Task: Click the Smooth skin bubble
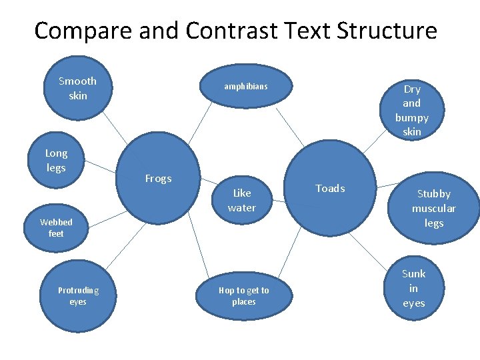click(78, 88)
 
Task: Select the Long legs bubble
click(57, 161)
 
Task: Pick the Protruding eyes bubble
click(78, 295)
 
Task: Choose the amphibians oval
click(245, 87)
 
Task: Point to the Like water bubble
click(241, 200)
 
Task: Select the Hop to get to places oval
click(243, 296)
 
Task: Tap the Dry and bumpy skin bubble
click(411, 110)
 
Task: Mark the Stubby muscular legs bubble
click(433, 208)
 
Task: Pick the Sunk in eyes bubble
click(413, 288)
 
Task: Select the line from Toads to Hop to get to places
click(281, 257)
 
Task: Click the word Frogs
click(158, 179)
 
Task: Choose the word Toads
click(330, 189)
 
